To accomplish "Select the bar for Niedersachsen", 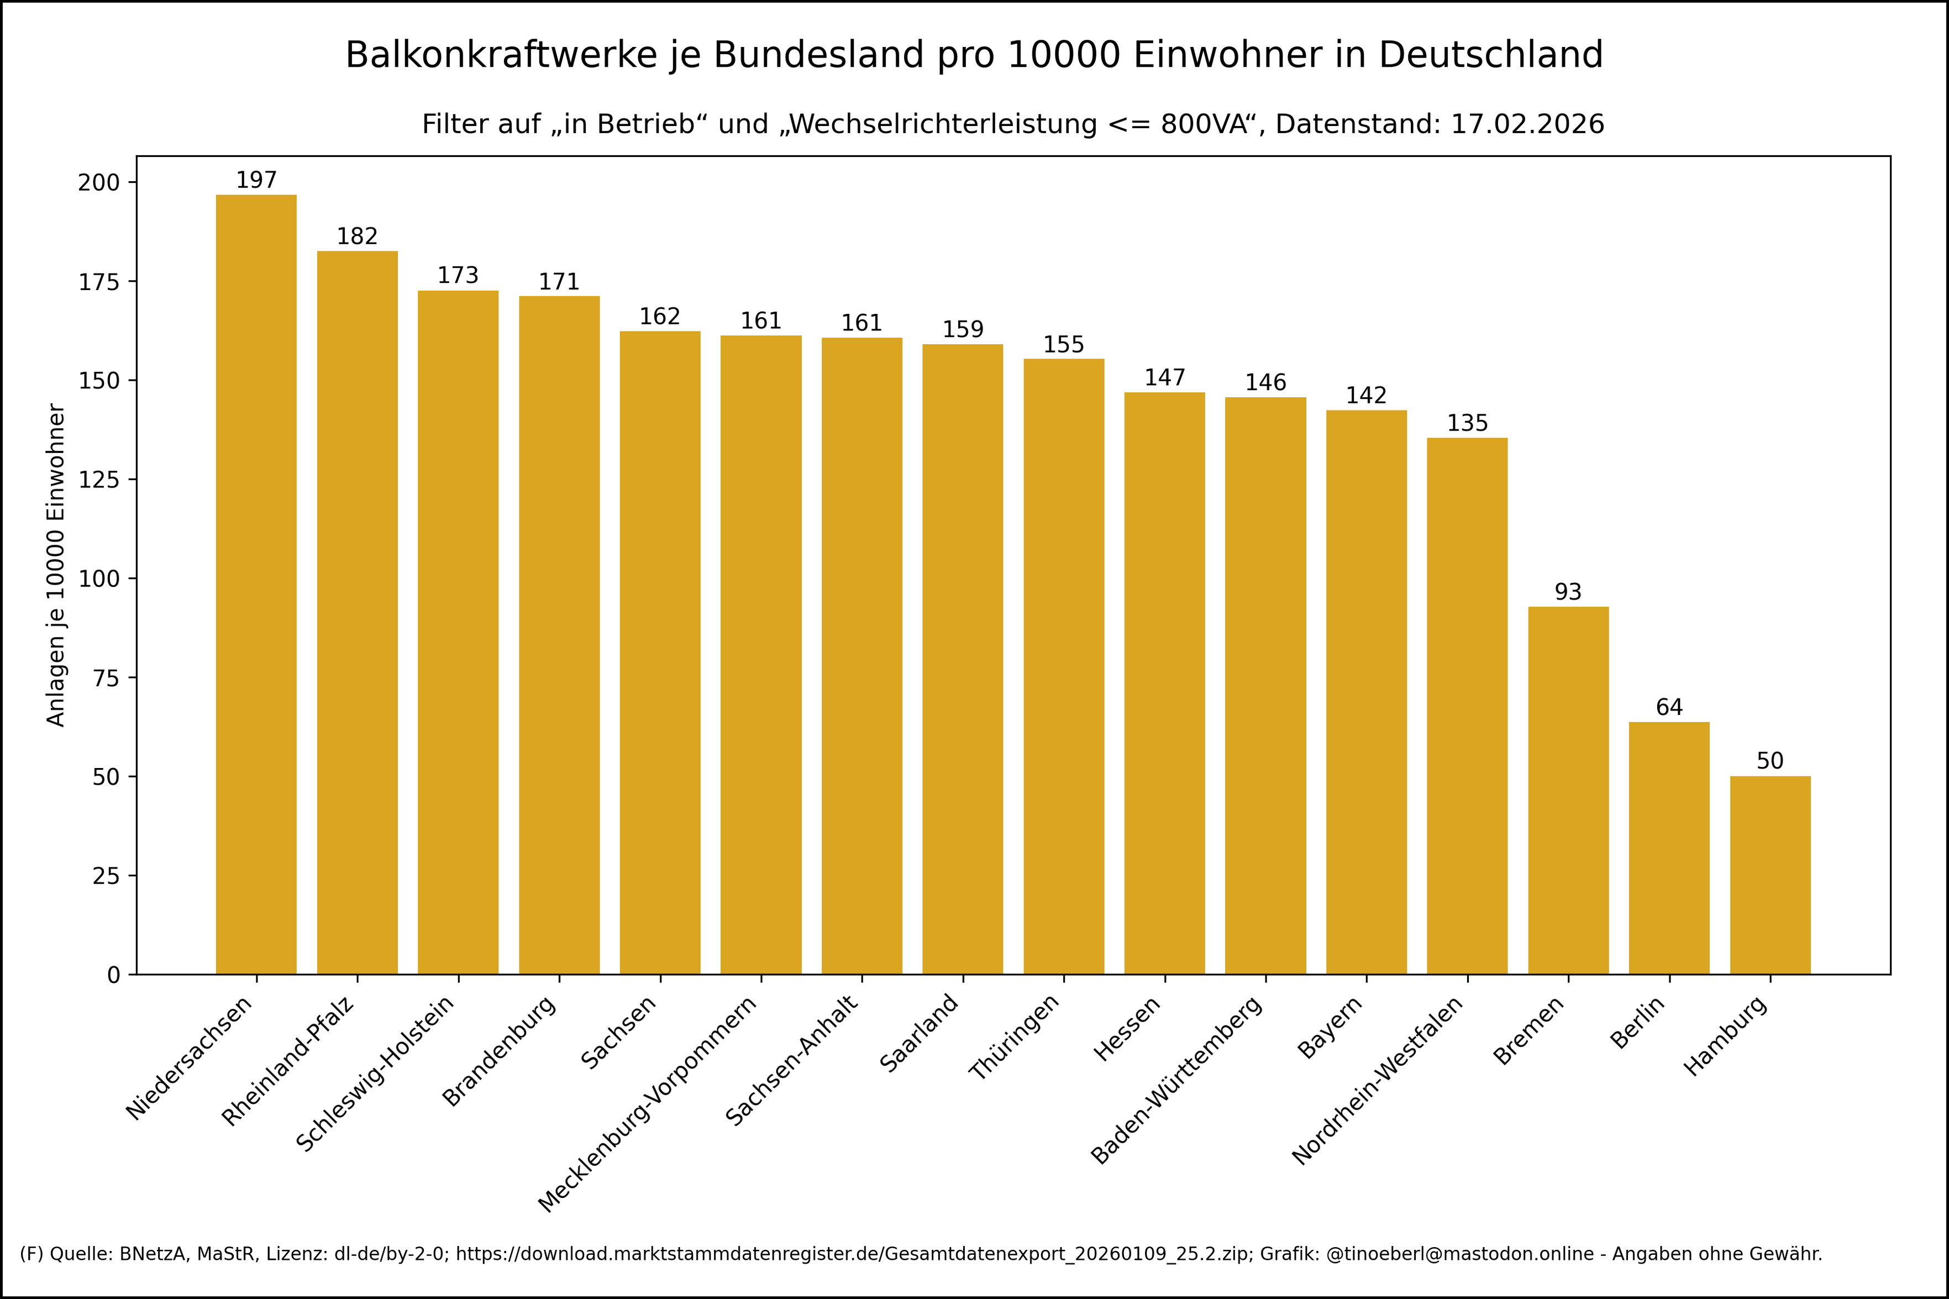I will (256, 584).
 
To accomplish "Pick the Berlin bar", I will (1669, 848).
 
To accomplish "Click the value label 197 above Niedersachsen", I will (256, 180).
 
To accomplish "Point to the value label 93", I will (1568, 592).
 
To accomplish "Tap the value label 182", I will (357, 236).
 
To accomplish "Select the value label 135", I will (1467, 423).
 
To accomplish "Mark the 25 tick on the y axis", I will (106, 876).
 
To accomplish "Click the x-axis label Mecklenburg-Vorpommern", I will (648, 1105).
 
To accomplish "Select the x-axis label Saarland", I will (920, 1032).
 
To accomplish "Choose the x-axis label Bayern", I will (1330, 1027).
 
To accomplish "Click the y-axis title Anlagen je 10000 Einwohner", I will (55, 565).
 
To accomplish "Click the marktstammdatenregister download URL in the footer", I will (852, 1254).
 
